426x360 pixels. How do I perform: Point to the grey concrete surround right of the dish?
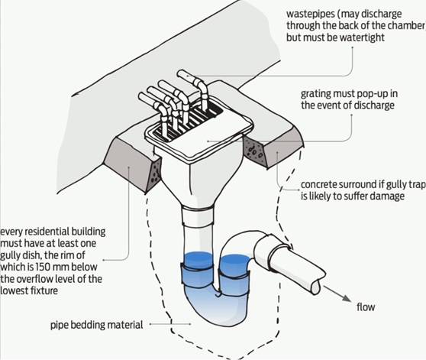coord(266,154)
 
